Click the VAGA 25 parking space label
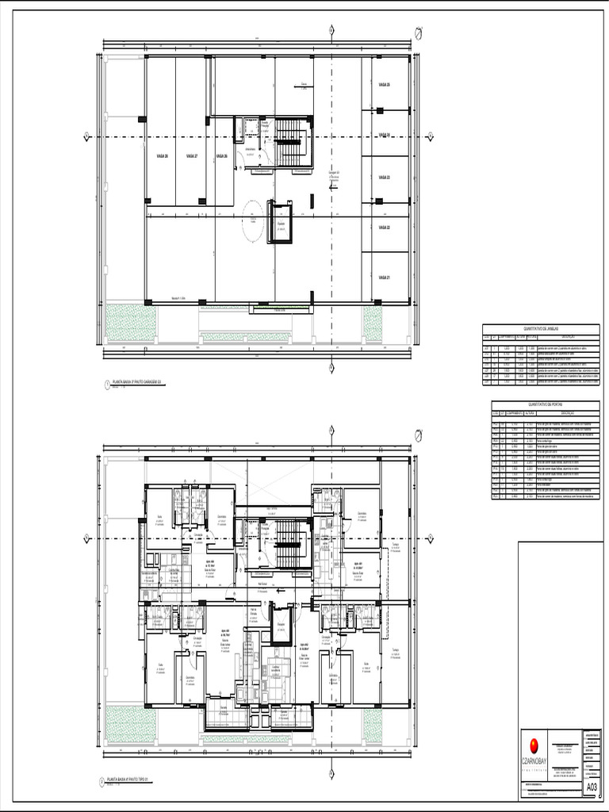pos(384,84)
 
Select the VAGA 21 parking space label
pos(384,278)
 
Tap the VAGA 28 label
pos(162,156)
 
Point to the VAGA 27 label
pos(191,156)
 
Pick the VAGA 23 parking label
pos(384,177)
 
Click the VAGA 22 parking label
pos(384,228)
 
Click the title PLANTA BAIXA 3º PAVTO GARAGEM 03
pos(137,381)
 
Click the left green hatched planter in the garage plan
pos(124,322)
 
